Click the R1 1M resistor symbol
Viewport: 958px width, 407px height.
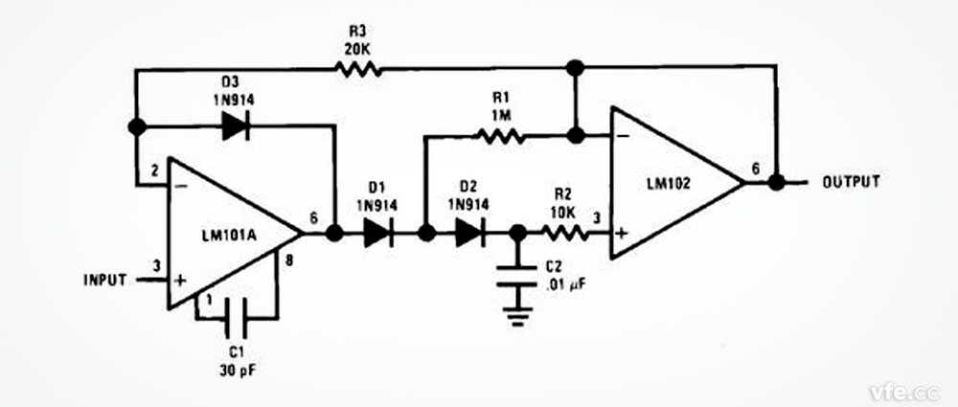[x=502, y=137]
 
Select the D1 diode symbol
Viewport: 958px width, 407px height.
[x=379, y=233]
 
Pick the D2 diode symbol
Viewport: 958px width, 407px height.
[x=470, y=233]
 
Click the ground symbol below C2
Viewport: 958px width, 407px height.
[x=518, y=313]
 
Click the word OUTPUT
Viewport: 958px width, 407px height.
[x=851, y=182]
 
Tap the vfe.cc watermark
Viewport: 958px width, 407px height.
[x=902, y=391]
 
